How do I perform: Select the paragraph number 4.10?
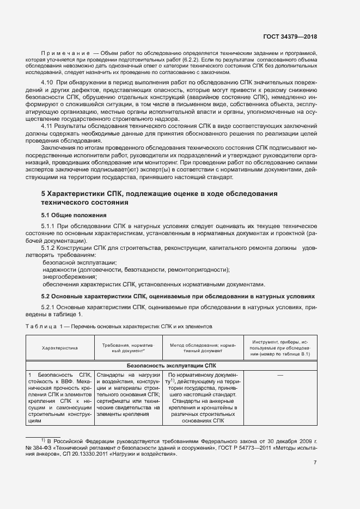[x=48, y=82]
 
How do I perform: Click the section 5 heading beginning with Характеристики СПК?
[x=160, y=194]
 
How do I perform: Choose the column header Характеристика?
[x=60, y=347]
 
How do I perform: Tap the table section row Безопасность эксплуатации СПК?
[x=172, y=366]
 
